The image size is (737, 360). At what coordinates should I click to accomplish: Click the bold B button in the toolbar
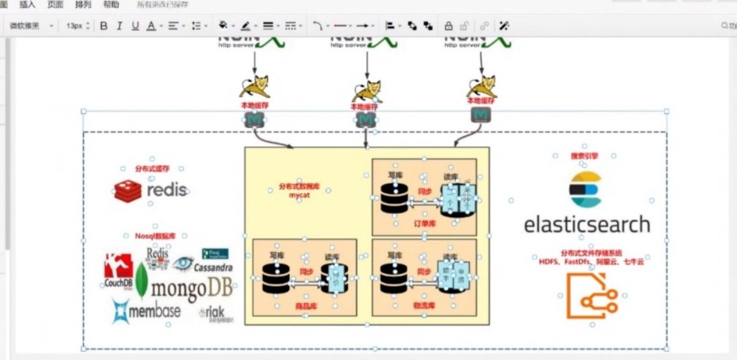coord(104,26)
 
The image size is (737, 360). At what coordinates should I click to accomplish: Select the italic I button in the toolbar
coord(119,26)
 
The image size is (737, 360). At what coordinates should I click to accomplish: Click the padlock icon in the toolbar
coord(448,26)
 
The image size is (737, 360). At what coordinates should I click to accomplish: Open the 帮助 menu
coord(111,4)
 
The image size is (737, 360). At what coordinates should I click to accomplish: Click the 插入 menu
coord(27,4)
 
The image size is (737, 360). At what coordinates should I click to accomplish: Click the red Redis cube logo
coord(128,191)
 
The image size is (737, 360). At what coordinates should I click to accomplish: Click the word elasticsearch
coord(587,223)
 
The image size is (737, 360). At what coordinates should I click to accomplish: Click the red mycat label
coord(299,196)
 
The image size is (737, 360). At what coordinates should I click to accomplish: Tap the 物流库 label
coord(424,306)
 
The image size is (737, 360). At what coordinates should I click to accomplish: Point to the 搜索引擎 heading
coord(584,156)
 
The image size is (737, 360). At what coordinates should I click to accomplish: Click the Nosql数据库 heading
coord(156,237)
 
